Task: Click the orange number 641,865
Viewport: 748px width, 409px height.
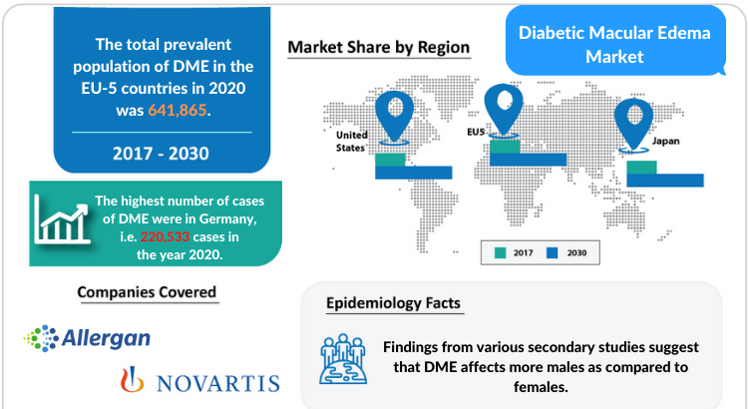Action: [178, 111]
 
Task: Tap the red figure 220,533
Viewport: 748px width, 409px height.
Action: [165, 236]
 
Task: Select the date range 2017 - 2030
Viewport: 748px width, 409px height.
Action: [161, 154]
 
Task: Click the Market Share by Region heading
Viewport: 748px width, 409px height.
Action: [379, 47]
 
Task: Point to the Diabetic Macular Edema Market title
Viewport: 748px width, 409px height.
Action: [614, 44]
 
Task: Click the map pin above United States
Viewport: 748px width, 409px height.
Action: [394, 117]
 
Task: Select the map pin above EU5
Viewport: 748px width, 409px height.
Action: [504, 110]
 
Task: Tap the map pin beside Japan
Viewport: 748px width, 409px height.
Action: [633, 125]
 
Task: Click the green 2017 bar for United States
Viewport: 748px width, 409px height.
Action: [390, 160]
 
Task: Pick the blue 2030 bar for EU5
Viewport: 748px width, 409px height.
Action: [528, 160]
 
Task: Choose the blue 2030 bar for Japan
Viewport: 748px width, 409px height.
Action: [665, 180]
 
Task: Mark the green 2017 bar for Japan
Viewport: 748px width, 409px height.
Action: [641, 168]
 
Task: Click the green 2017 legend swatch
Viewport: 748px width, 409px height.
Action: [501, 253]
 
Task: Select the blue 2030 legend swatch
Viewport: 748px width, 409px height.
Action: [552, 253]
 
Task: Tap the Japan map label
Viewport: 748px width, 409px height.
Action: [666, 142]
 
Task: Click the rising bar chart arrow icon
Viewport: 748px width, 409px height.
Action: [62, 220]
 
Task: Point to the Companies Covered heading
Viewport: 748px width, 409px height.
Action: [147, 292]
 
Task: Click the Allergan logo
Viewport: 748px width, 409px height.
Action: [88, 338]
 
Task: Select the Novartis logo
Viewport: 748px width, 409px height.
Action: [199, 380]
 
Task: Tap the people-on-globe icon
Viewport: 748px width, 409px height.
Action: [343, 359]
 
